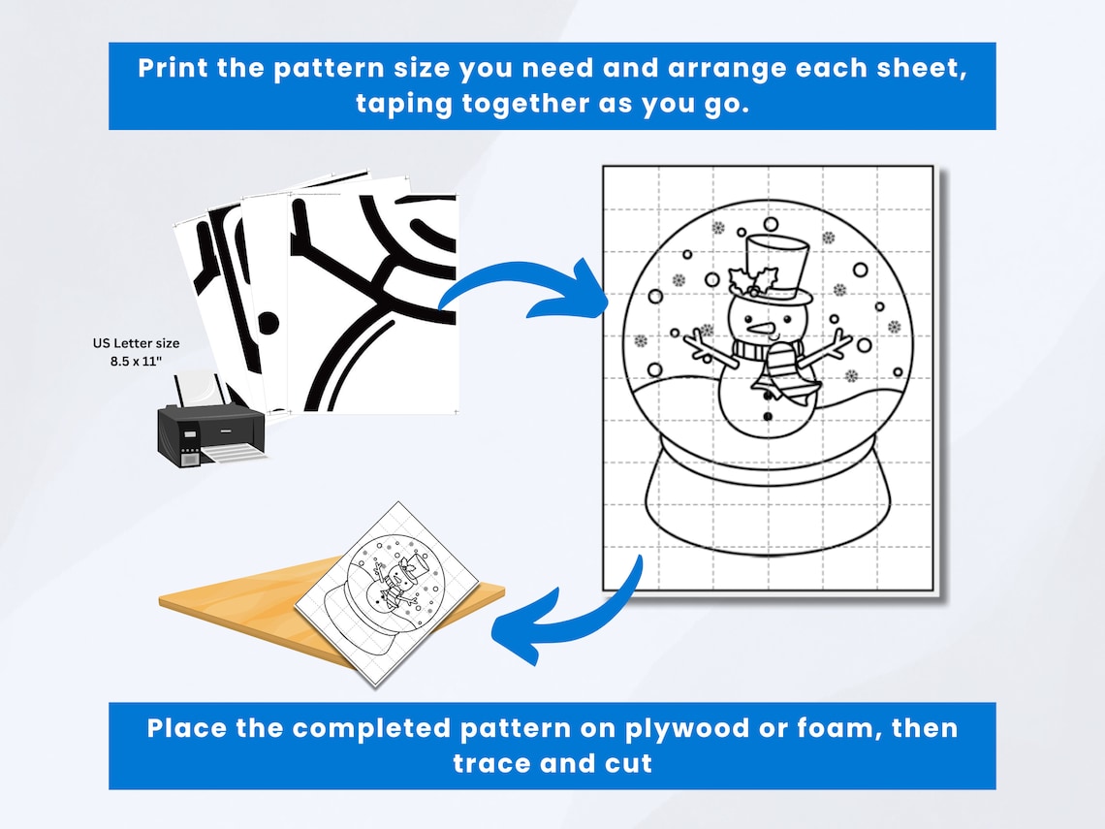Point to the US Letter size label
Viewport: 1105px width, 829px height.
[136, 343]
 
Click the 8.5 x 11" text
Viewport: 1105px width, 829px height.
[136, 362]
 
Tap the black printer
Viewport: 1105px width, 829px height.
[210, 421]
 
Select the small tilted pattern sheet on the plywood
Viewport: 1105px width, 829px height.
[387, 593]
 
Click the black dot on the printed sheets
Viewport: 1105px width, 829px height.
[268, 323]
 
